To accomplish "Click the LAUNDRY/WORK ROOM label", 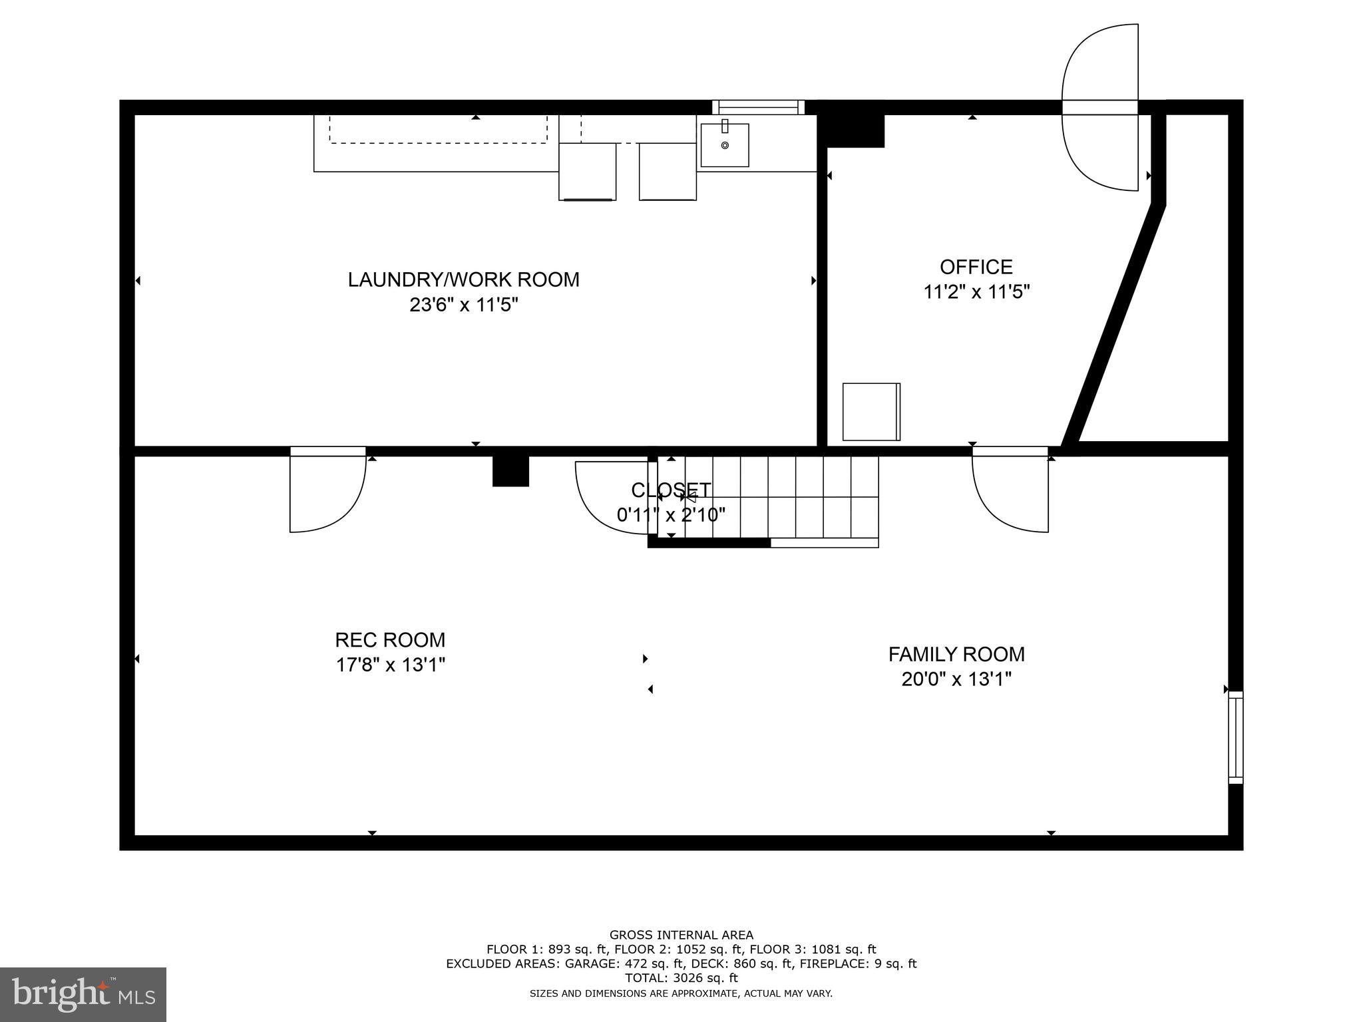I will [x=463, y=279].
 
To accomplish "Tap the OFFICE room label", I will [x=976, y=267].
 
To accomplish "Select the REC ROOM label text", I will [x=390, y=640].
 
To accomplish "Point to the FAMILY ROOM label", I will [x=956, y=655].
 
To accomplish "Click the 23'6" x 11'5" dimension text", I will [x=463, y=305].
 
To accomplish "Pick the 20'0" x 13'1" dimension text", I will [x=956, y=679].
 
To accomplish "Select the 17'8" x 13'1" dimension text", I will [x=390, y=665].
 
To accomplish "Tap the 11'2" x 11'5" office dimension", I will [x=976, y=292].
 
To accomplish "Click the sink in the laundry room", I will [x=725, y=144].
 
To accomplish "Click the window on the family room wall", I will [x=1235, y=737].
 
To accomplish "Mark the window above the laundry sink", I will [x=758, y=107].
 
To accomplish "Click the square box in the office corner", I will [x=871, y=411].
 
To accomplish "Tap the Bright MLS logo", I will [x=83, y=994].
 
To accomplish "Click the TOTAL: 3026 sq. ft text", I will [x=681, y=978].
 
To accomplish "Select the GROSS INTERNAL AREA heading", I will [x=681, y=935].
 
